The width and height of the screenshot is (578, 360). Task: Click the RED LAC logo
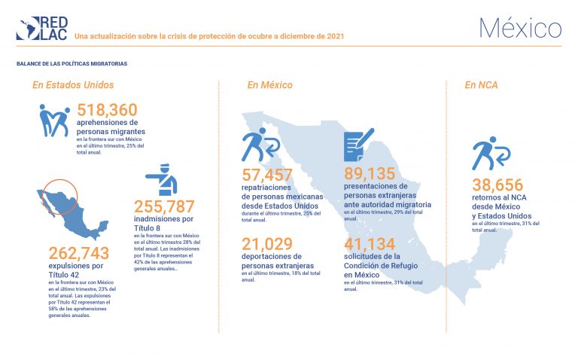[x=41, y=28]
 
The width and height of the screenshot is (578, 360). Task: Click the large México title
[x=520, y=28]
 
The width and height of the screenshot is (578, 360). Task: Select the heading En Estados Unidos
[x=73, y=85]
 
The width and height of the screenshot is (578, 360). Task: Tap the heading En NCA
[x=481, y=85]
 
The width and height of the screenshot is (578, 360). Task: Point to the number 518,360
[x=107, y=110]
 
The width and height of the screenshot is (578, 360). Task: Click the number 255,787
[x=164, y=206]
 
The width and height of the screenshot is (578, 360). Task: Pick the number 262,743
[x=79, y=252]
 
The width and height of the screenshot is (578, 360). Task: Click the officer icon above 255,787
[x=161, y=180]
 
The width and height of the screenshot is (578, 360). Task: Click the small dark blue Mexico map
[x=68, y=212]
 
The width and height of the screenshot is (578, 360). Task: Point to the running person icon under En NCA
[x=491, y=154]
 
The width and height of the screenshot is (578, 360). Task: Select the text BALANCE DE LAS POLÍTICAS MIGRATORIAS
[x=71, y=64]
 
